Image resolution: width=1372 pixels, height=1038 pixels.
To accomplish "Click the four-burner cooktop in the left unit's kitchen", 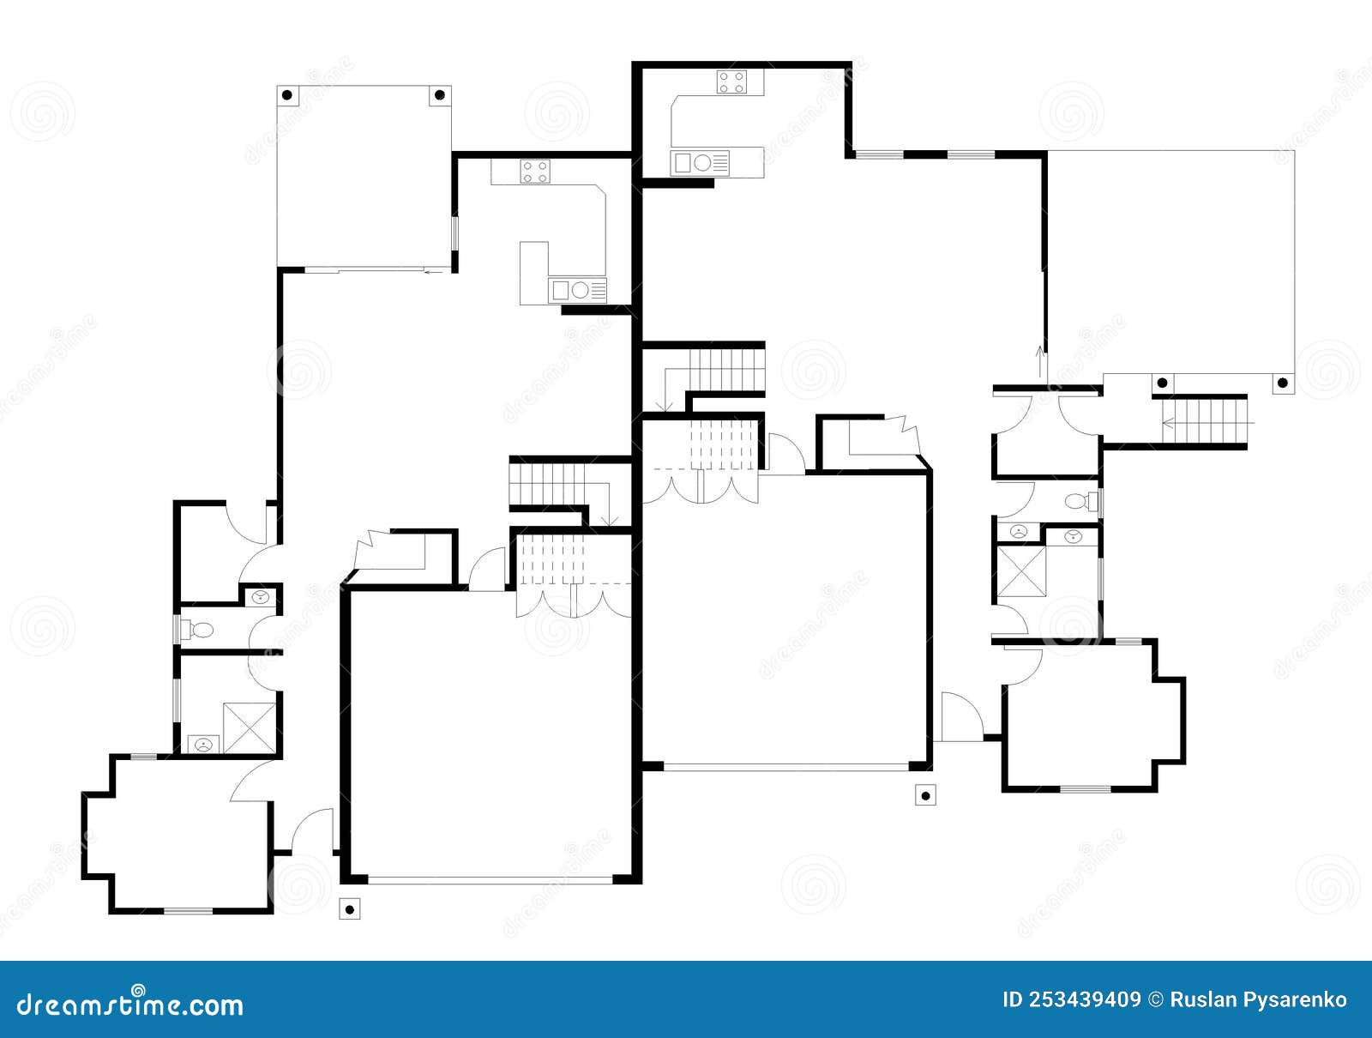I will coord(535,172).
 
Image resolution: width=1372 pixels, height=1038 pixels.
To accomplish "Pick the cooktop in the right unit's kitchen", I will coord(731,82).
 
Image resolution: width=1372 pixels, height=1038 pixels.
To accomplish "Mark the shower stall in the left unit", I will coord(250,728).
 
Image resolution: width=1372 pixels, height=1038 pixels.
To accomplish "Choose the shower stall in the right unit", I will coord(1019,571).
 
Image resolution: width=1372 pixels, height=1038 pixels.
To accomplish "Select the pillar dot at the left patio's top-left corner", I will coord(287,94).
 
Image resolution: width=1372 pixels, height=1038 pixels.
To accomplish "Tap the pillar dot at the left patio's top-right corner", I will coord(439,94).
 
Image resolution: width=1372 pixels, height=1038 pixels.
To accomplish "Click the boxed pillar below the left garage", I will coord(349,909).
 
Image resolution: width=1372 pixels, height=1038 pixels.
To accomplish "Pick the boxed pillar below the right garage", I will coord(924,796).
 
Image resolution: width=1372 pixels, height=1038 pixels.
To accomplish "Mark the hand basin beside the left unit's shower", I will coord(203,744).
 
